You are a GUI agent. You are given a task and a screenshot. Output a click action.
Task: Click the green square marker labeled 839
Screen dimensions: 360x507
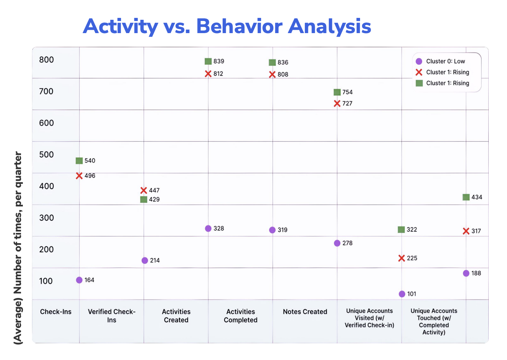[208, 61]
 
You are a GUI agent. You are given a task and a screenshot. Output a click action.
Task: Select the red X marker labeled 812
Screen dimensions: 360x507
[208, 74]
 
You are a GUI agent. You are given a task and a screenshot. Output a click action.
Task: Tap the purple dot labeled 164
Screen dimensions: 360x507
[79, 280]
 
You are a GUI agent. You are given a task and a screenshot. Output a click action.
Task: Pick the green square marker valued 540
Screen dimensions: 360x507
[79, 161]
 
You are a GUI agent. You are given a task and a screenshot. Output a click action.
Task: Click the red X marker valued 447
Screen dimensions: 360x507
[143, 190]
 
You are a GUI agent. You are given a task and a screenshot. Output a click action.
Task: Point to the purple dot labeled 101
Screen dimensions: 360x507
[402, 294]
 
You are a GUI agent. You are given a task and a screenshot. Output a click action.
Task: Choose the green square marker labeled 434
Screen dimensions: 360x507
[466, 197]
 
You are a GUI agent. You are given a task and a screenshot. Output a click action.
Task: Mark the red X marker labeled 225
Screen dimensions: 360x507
[402, 258]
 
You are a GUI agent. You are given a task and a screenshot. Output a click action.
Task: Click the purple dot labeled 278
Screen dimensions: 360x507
[337, 243]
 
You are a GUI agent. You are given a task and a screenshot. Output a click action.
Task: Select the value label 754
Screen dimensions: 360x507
[348, 92]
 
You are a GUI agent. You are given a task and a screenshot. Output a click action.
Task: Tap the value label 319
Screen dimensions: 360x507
[282, 230]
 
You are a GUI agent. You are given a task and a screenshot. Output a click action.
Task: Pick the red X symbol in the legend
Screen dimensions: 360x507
[419, 72]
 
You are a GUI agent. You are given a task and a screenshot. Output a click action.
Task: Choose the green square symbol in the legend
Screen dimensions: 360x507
[419, 83]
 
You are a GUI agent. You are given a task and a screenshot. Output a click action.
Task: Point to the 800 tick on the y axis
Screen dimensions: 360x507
[46, 60]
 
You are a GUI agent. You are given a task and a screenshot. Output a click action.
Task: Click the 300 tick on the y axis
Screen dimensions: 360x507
[46, 218]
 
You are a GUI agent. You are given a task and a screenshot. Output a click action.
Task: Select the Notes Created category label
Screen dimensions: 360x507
[305, 312]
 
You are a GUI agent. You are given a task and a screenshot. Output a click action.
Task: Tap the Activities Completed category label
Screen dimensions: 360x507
[241, 316]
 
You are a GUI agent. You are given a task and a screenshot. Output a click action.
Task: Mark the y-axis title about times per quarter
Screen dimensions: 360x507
[18, 248]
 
